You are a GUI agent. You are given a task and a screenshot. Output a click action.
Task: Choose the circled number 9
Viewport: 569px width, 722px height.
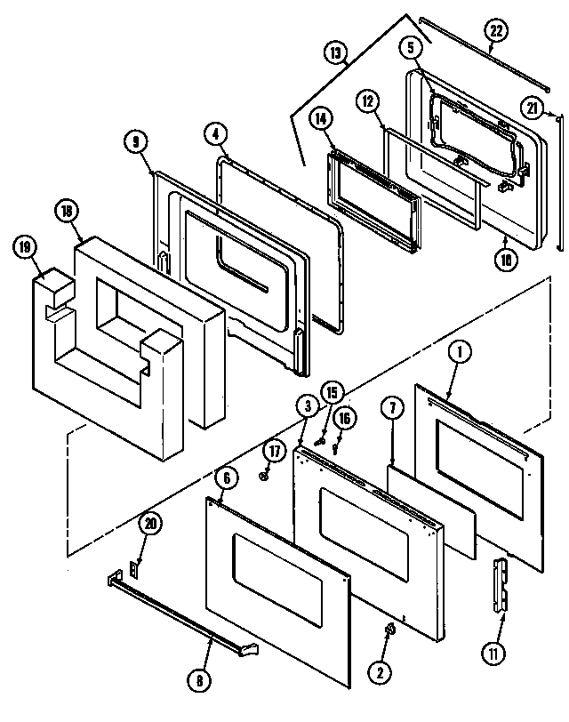click(135, 140)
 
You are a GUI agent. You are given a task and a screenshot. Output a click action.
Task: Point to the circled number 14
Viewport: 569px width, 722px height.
click(322, 117)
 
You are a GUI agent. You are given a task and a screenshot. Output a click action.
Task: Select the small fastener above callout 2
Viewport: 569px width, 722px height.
click(389, 630)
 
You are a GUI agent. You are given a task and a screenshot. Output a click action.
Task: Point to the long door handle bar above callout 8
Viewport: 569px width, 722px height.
click(178, 610)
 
